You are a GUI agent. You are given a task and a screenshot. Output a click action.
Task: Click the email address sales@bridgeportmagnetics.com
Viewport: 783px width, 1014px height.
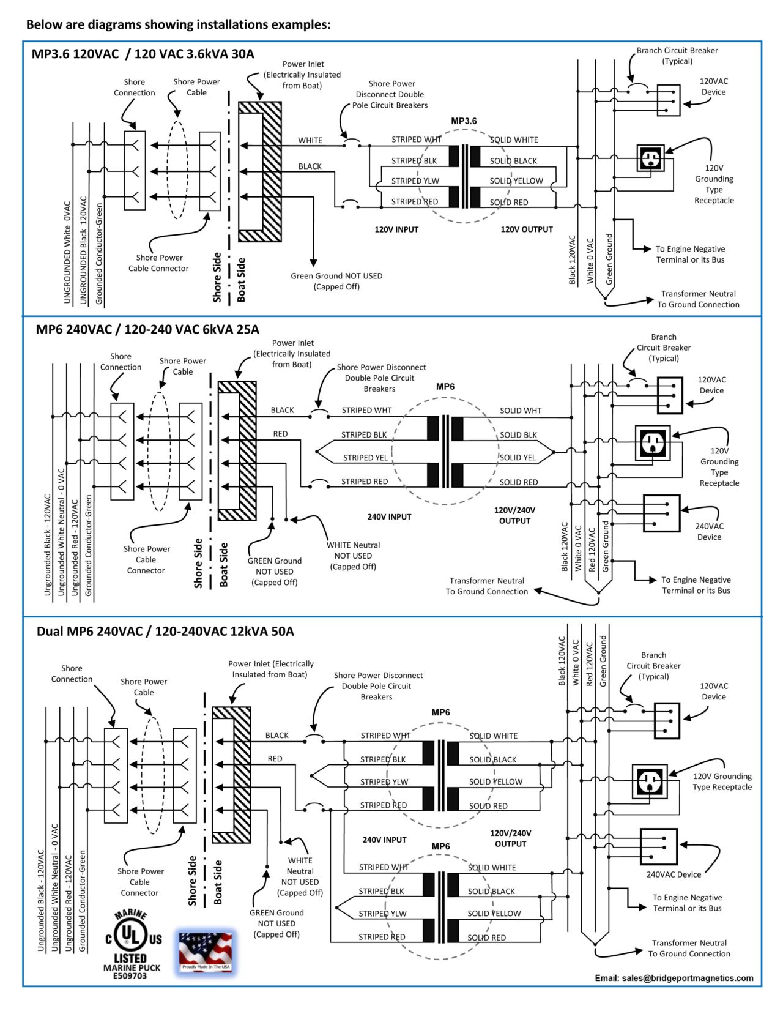click(x=674, y=978)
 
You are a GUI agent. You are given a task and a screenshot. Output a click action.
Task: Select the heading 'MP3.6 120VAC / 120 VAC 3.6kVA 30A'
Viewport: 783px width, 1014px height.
click(x=143, y=54)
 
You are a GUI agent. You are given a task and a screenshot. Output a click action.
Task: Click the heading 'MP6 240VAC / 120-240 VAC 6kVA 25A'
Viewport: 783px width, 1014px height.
click(x=147, y=329)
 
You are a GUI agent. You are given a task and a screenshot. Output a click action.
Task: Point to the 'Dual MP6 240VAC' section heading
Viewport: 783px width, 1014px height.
click(x=165, y=631)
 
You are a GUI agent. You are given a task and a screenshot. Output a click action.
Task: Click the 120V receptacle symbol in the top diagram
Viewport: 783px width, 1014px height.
click(x=650, y=158)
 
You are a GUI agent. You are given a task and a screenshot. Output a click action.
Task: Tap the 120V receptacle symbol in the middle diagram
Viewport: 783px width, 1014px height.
click(x=652, y=443)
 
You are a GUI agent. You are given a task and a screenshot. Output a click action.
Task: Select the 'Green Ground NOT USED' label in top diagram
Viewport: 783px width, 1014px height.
click(x=336, y=281)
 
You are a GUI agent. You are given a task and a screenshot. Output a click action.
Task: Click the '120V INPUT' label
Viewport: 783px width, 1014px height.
click(x=396, y=229)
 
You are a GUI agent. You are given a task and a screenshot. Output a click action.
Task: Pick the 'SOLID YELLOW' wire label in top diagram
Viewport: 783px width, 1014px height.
click(x=516, y=181)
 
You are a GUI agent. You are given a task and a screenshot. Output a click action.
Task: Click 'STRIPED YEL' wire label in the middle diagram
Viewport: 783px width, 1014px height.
click(x=365, y=458)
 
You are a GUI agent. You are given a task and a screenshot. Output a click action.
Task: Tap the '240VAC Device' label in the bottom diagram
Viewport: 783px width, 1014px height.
click(x=674, y=874)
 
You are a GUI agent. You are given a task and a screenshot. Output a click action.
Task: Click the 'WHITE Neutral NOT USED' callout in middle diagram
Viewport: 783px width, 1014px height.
click(x=353, y=556)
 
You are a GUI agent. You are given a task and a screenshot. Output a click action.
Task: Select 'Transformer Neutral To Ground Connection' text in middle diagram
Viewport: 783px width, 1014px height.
click(x=486, y=586)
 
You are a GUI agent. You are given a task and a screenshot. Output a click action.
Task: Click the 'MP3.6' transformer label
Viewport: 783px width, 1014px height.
click(x=464, y=121)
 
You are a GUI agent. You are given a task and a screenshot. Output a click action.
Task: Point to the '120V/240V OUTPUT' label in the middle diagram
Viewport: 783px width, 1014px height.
click(x=514, y=515)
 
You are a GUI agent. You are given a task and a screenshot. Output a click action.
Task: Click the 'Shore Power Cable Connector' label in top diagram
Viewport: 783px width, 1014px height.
click(x=158, y=263)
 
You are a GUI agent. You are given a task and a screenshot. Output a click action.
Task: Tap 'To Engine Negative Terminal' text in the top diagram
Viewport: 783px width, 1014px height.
click(x=690, y=254)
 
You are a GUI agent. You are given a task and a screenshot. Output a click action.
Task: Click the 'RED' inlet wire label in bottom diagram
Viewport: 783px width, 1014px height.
click(x=275, y=759)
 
